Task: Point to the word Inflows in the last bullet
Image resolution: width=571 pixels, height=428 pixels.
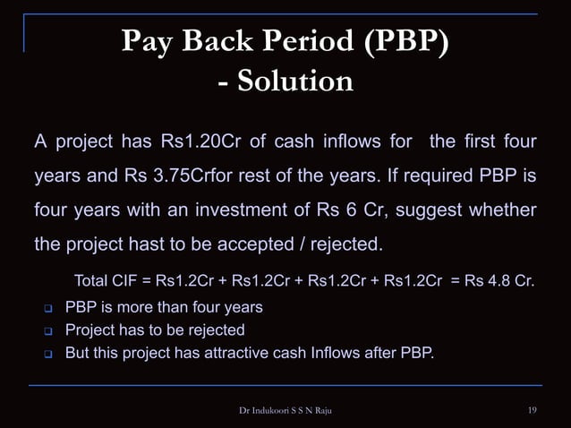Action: point(336,352)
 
